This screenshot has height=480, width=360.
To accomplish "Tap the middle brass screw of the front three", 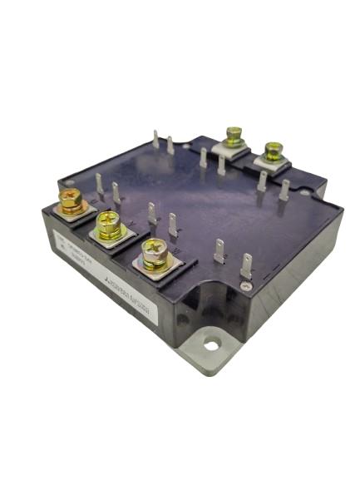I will click(x=108, y=223).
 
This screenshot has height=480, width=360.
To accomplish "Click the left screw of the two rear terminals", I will click(x=234, y=135).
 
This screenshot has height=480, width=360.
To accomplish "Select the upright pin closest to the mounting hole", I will click(x=246, y=268).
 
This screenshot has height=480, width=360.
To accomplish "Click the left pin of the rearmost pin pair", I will click(x=156, y=142).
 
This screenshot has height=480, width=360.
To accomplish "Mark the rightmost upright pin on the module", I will click(x=285, y=190).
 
